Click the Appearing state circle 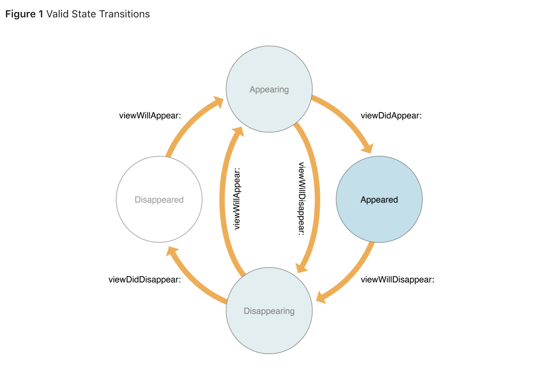pos(269,89)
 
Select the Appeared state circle pos(379,199)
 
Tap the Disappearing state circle pos(269,311)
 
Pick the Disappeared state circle pos(159,199)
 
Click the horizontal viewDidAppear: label pos(391,116)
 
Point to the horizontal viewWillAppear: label pos(150,116)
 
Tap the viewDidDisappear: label pos(145,280)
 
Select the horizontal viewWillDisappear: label pos(397,280)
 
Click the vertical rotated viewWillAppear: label pos(237,198)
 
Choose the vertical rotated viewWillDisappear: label pos(302,198)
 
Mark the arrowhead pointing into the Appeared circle pos(368,147)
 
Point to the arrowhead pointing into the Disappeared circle pos(171,251)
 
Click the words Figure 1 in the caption pos(24,14)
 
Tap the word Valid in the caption pos(58,14)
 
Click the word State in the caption pos(84,14)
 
